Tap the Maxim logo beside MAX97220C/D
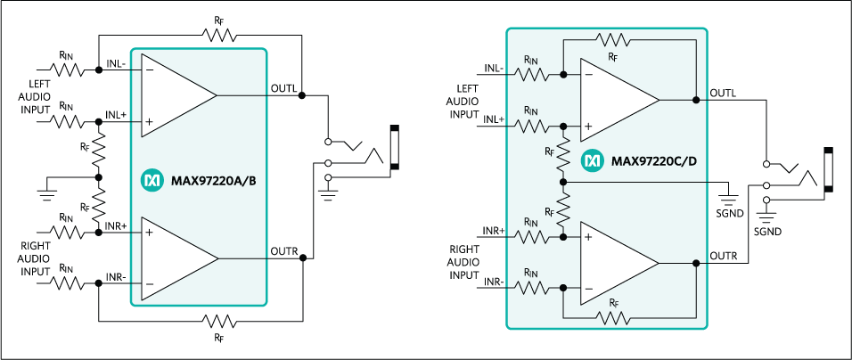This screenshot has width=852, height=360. click(593, 162)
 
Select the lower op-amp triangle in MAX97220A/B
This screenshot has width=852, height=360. click(174, 258)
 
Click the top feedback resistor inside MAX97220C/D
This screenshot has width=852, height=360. click(612, 41)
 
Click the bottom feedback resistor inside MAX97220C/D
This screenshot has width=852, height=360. click(612, 317)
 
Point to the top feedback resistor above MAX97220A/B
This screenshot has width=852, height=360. click(217, 34)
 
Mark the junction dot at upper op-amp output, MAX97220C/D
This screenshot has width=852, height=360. click(696, 100)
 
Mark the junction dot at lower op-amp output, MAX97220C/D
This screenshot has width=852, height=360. click(696, 263)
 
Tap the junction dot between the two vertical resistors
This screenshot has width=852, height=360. click(564, 182)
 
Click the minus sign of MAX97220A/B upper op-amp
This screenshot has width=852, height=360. click(148, 69)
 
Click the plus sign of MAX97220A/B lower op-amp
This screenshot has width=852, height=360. click(149, 233)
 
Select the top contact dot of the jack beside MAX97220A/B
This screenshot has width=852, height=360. click(329, 143)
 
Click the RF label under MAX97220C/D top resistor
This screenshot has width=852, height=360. click(612, 57)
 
